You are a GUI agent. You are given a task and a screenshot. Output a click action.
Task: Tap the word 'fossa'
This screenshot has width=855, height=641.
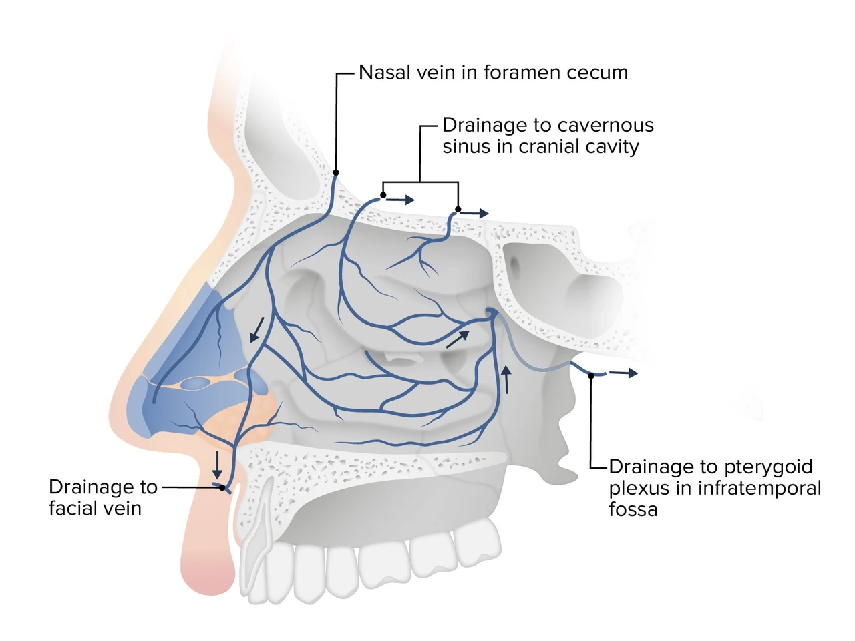pyautogui.click(x=633, y=509)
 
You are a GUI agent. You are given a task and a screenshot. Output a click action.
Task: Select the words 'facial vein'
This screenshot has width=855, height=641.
pyautogui.click(x=95, y=508)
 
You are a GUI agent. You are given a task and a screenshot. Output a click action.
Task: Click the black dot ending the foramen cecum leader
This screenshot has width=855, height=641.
pyautogui.click(x=336, y=172)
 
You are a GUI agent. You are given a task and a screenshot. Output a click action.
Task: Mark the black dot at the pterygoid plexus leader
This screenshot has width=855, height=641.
pyautogui.click(x=591, y=375)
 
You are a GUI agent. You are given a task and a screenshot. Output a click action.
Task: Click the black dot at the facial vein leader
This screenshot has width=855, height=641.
pyautogui.click(x=222, y=487)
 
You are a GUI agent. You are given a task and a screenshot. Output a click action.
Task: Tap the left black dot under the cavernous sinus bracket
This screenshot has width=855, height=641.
pyautogui.click(x=383, y=195)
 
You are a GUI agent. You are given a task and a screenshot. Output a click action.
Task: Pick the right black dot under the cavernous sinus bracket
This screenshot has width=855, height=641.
pyautogui.click(x=458, y=210)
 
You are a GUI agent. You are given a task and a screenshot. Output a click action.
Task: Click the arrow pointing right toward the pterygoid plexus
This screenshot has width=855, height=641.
pyautogui.click(x=623, y=373)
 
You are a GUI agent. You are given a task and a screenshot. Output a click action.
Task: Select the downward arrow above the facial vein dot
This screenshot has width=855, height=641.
pyautogui.click(x=217, y=465)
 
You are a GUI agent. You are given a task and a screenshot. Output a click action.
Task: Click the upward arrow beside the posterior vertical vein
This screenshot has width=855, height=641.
pyautogui.click(x=506, y=379)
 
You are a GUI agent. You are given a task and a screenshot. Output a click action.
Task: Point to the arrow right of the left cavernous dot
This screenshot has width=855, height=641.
pyautogui.click(x=400, y=200)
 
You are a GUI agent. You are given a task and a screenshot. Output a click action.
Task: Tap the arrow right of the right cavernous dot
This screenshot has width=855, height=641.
pyautogui.click(x=475, y=213)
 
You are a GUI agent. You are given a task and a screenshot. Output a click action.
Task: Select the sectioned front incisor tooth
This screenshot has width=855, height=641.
pyautogui.click(x=258, y=541)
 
